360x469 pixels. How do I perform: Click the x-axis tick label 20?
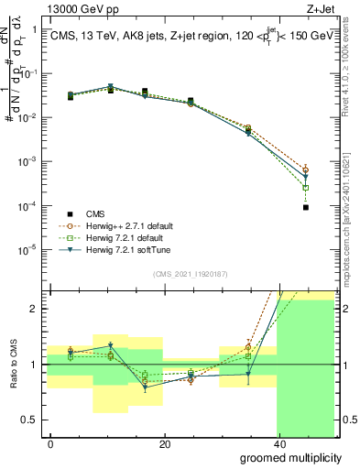click(x=165, y=444)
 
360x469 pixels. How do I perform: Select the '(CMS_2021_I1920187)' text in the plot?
click(x=191, y=273)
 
